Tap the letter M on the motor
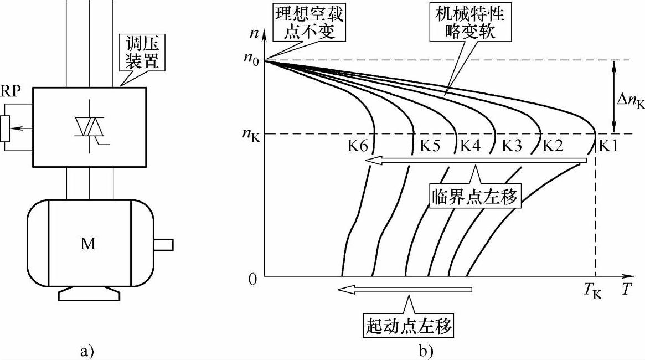88,244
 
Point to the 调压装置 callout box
143,53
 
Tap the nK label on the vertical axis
252,133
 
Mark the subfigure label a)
87,349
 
